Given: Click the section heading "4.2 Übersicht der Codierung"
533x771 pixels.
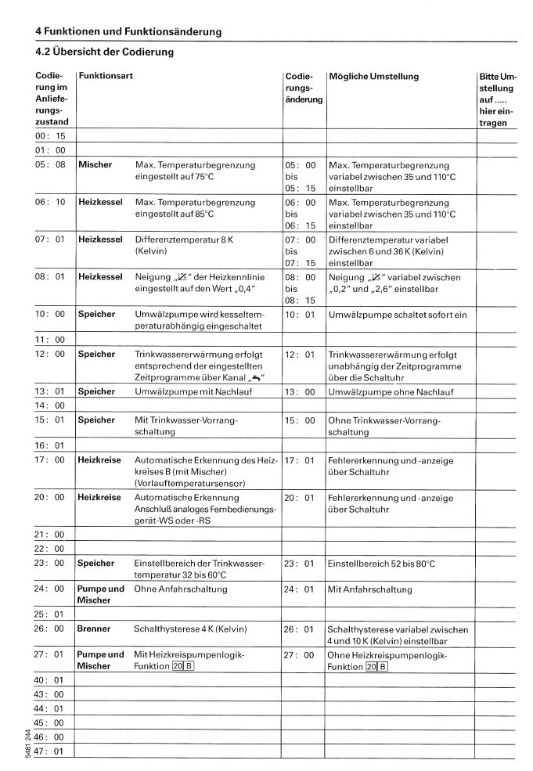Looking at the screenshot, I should click(x=104, y=52).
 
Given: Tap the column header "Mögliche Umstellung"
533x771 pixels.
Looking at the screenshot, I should click(x=373, y=77).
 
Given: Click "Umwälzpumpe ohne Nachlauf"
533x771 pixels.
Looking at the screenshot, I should click(x=387, y=391).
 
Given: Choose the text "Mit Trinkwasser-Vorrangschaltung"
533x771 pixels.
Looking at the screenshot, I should click(x=185, y=426).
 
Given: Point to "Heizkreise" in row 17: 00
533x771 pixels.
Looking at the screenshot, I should click(x=99, y=460).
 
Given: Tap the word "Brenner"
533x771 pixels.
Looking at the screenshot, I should click(x=94, y=629).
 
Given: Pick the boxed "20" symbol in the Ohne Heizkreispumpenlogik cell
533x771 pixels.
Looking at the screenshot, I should click(x=373, y=666).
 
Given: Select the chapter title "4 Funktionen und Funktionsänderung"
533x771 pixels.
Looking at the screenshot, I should click(x=128, y=31).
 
